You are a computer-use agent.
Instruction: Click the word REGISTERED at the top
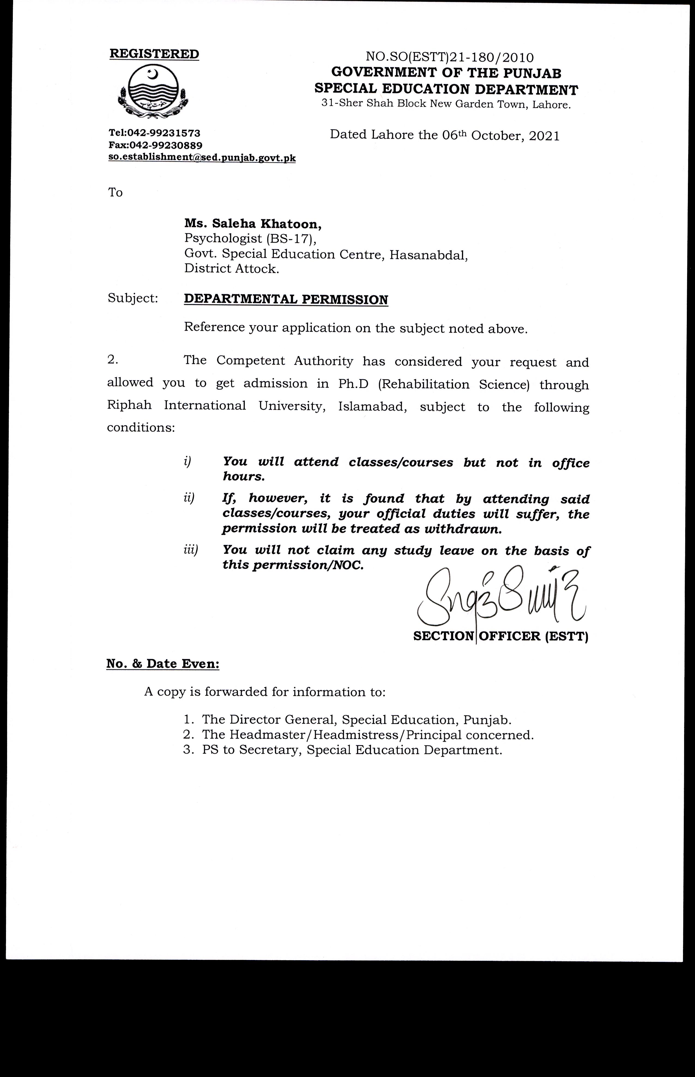click(154, 54)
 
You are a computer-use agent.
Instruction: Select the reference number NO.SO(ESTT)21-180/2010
click(449, 57)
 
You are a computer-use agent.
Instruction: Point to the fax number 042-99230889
click(166, 145)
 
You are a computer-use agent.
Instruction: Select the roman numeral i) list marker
click(187, 461)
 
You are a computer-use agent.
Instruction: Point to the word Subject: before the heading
click(133, 298)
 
